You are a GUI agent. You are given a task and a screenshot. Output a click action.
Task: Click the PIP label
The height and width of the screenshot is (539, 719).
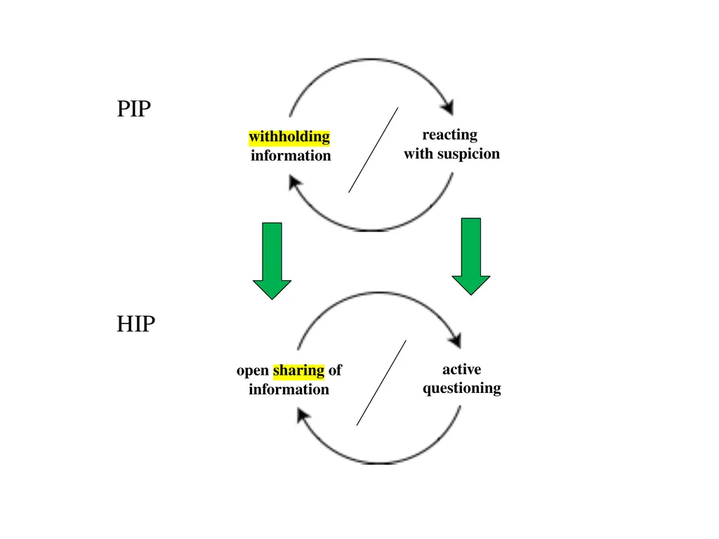click(x=134, y=109)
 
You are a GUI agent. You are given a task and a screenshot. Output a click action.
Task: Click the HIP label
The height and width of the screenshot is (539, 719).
click(x=136, y=324)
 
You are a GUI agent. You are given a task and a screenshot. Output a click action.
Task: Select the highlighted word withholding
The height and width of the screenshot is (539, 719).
click(x=289, y=137)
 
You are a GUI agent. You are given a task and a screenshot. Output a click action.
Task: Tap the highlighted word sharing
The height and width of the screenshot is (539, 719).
click(x=299, y=371)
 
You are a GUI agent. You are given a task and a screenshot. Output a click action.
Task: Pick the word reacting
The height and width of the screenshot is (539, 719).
click(x=450, y=135)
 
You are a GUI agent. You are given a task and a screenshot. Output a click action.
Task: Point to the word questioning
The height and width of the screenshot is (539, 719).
click(x=462, y=389)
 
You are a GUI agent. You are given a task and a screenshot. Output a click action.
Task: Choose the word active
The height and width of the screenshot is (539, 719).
click(x=462, y=369)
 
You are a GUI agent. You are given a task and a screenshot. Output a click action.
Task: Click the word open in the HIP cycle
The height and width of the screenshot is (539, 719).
click(x=253, y=371)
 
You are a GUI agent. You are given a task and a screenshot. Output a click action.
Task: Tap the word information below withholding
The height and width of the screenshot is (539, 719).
click(x=291, y=155)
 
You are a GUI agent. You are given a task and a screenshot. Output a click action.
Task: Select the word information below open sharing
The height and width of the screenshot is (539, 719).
click(x=289, y=389)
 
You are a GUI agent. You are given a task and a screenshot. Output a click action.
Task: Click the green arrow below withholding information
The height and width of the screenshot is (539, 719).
click(x=272, y=261)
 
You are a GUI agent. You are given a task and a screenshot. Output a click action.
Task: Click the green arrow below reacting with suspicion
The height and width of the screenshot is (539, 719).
click(x=471, y=256)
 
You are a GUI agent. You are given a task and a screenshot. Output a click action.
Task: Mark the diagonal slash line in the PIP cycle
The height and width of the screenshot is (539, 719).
click(x=374, y=150)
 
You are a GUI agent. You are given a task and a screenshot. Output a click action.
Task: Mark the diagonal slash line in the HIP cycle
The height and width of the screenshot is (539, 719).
click(x=381, y=382)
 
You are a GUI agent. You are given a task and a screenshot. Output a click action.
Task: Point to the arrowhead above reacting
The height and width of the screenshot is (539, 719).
click(x=447, y=107)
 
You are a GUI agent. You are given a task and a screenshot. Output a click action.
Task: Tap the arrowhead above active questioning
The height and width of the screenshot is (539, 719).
click(x=455, y=340)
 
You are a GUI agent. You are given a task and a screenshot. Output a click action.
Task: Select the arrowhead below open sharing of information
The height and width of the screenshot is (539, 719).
click(x=303, y=415)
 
